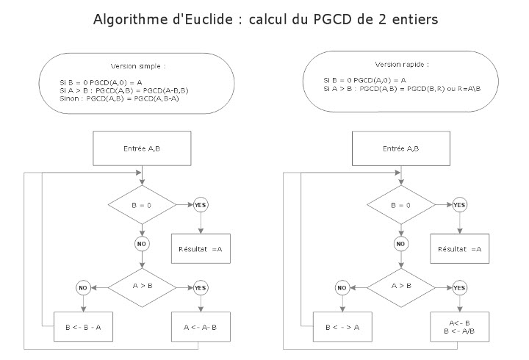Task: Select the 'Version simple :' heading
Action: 138,66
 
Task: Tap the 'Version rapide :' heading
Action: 402,65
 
